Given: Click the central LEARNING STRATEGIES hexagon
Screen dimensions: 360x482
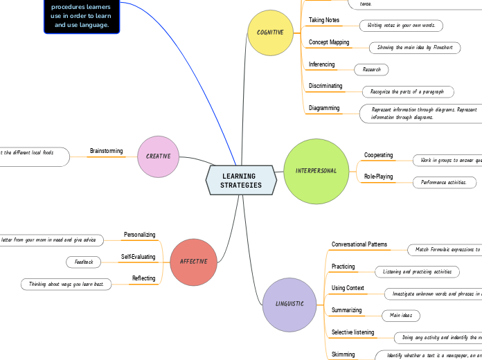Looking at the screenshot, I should pos(241,181).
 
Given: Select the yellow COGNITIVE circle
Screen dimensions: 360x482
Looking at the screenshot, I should pos(271,33).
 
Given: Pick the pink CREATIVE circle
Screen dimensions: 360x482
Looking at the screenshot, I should pos(159,156).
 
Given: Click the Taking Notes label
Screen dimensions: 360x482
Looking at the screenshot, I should pos(323,21).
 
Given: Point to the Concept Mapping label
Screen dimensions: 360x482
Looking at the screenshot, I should pos(328,43).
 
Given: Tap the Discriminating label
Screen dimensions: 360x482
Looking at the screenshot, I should pos(325,87).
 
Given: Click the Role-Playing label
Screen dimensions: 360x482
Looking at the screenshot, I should pos(378,177).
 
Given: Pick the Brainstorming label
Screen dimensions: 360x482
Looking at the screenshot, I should pos(106,151).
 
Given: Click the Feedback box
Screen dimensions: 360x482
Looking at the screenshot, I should pos(84,262).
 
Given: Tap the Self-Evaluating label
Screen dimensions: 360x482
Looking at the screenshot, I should pos(138,257).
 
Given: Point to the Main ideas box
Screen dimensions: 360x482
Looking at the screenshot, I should pos(401,316).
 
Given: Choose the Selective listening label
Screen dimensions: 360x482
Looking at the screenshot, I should pos(352,333).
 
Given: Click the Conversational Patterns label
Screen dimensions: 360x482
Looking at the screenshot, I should pos(359,245).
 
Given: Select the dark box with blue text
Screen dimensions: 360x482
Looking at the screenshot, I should pos(82,15).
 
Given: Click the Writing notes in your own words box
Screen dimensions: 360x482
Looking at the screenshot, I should pos(401,26).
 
